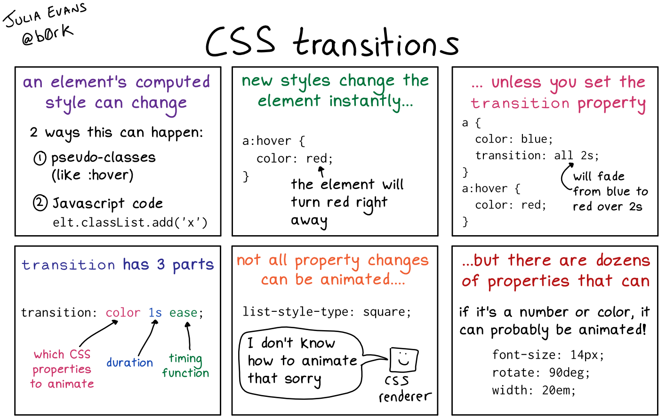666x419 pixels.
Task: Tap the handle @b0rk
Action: point(47,35)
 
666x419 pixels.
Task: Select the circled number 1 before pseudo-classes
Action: point(40,158)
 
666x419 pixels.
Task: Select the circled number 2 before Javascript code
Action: point(40,203)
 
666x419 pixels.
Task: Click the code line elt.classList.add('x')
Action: point(130,222)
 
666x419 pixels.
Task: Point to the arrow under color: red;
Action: point(321,171)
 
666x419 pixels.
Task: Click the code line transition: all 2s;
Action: point(537,155)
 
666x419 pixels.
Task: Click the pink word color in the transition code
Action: point(123,313)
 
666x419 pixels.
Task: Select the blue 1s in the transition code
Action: point(155,313)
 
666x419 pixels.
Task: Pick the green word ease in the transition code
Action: point(184,313)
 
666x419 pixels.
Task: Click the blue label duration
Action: point(129,363)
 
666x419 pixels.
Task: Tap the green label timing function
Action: point(185,366)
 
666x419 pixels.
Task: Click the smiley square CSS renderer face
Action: point(403,360)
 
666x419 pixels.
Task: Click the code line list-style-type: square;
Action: point(327,312)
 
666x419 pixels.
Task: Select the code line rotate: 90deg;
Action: point(541,373)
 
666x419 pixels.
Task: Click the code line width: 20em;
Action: point(534,390)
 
